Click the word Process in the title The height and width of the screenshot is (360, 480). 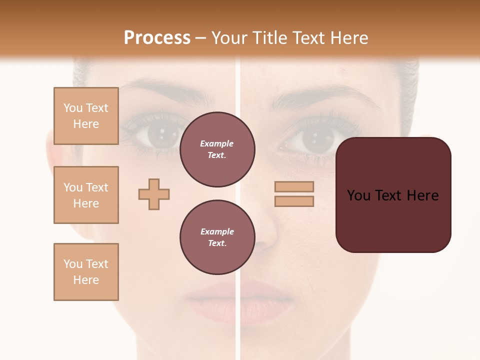[x=157, y=38]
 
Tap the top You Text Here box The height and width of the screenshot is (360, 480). [x=86, y=116]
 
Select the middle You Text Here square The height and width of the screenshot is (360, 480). [x=86, y=195]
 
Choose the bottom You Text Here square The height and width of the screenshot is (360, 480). [x=86, y=272]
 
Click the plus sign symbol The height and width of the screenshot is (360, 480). [x=154, y=194]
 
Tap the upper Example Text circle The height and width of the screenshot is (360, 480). [x=217, y=149]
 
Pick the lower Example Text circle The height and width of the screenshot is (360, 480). [x=217, y=237]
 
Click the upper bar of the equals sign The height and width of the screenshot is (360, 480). [x=294, y=187]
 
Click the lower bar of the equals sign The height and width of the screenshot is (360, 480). [x=294, y=201]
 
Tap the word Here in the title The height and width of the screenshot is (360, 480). [x=349, y=38]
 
